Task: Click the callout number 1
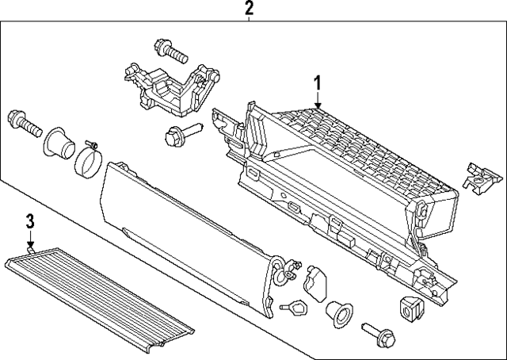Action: coord(317,82)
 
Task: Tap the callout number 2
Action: coord(249,9)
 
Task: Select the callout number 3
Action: coord(29,221)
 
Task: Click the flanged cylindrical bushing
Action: coord(59,144)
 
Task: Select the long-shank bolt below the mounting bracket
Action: coord(175,137)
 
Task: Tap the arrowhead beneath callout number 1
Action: coord(317,106)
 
